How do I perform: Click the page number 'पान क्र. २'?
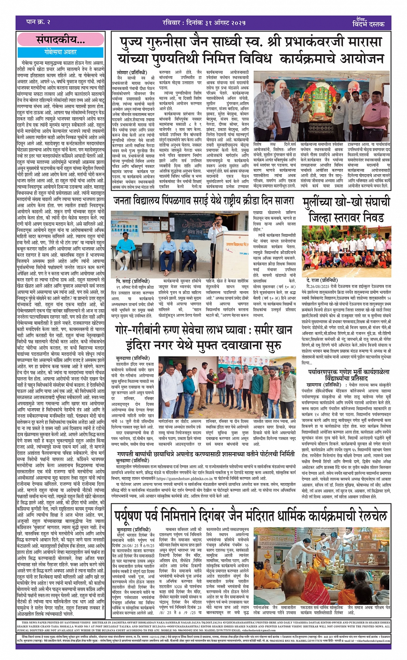(x=39, y=22)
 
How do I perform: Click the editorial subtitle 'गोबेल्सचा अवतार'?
(x=60, y=52)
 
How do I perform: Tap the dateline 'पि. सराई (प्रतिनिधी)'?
(x=132, y=281)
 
